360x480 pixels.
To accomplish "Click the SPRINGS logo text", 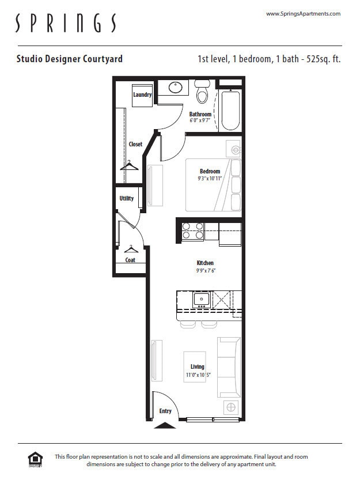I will click(65, 24).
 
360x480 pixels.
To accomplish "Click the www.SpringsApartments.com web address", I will click(303, 13).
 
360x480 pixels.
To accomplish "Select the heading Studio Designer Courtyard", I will click(69, 59).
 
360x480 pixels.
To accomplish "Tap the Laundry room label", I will click(142, 95).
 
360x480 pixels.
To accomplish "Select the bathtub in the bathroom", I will click(230, 109).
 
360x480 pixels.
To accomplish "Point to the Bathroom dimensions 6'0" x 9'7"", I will click(200, 121).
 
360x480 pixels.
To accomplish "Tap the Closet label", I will click(135, 144).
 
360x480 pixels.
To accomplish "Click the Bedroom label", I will click(210, 171).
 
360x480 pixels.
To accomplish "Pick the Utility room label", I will click(127, 198).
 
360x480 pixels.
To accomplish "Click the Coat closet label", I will click(131, 260).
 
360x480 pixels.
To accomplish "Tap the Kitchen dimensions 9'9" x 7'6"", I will click(205, 270).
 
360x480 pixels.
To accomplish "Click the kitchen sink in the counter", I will click(201, 298).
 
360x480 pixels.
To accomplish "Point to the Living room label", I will click(198, 366).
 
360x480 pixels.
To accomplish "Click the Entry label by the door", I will click(165, 411).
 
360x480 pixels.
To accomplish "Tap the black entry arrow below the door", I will click(166, 425).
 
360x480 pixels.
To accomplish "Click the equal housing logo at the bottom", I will click(35, 459).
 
